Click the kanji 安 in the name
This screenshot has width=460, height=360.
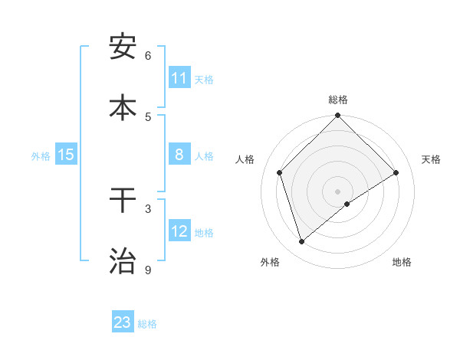point(123,47)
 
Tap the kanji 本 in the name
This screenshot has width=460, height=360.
point(123,107)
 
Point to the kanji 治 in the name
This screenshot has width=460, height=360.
point(123,260)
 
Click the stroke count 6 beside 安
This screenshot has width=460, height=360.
point(148,56)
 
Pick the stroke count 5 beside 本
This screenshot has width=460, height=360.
point(148,116)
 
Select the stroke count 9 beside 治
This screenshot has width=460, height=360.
point(148,270)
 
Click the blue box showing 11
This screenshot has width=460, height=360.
point(179,78)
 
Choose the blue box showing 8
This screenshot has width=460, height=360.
point(179,155)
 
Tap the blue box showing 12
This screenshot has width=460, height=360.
point(179,231)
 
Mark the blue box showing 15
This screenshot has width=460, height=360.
point(66,155)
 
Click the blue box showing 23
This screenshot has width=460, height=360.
point(123,322)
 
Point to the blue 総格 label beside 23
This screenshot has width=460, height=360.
point(147,324)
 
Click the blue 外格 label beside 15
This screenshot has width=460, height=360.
point(41,156)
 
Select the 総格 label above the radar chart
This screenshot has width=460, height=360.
point(338,100)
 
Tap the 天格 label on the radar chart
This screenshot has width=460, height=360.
point(432,159)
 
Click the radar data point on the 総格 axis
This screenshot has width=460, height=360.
point(338,116)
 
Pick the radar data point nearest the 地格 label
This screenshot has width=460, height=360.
point(347,204)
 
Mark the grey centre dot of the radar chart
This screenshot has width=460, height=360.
point(338,191)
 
